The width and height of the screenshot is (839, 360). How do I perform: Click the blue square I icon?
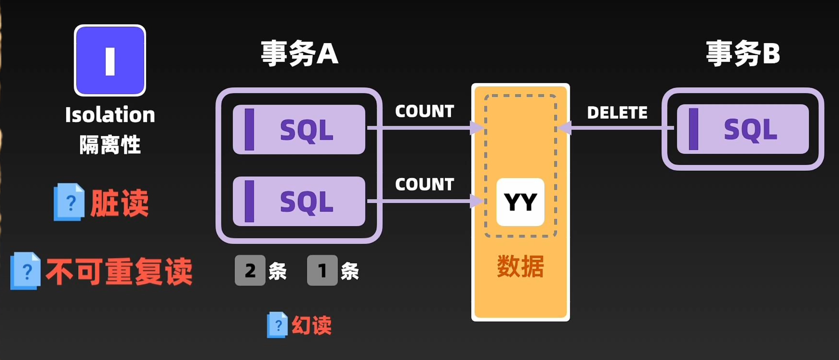(110, 60)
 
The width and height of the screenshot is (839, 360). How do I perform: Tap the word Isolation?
(110, 115)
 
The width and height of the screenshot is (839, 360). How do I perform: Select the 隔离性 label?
(110, 145)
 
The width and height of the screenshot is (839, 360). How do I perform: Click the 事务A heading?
(299, 54)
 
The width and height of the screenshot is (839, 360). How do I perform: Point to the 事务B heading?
(743, 54)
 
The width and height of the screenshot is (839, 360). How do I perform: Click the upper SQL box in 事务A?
(299, 129)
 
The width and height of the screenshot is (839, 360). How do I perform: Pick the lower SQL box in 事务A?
(299, 201)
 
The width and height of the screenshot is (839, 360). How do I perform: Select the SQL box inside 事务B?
(743, 129)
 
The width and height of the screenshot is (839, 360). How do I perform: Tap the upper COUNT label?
(424, 111)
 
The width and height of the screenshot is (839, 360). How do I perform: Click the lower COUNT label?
(424, 185)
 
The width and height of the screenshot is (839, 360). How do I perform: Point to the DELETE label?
(617, 113)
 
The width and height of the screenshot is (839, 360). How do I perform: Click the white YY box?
(520, 202)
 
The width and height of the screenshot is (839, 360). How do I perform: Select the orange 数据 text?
(520, 266)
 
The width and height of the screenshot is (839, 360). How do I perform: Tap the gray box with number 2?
(250, 270)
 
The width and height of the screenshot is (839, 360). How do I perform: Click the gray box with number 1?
(322, 270)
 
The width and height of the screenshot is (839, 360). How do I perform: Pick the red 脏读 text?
(119, 203)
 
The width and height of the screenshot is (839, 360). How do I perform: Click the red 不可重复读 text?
(119, 272)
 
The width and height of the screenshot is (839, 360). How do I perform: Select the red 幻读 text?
(311, 325)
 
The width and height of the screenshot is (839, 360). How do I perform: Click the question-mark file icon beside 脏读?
(69, 202)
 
